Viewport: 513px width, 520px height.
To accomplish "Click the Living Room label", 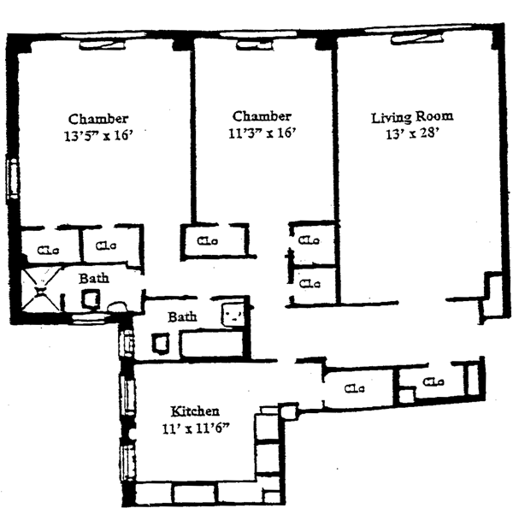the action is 412,116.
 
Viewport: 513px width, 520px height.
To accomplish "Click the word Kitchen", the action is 196,411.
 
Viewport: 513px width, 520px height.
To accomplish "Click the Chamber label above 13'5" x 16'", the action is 99,118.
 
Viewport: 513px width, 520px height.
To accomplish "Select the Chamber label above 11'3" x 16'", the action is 262,116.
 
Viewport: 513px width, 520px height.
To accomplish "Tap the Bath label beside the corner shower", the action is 94,279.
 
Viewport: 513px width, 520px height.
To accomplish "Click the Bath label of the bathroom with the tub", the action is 181,316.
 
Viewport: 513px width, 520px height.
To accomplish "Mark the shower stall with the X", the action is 40,289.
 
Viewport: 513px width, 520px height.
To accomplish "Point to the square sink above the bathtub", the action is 233,314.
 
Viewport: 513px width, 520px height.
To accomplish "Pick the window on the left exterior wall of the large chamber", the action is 13,180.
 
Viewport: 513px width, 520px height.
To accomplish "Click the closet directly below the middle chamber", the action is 208,240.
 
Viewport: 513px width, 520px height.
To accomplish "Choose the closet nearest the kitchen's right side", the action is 354,389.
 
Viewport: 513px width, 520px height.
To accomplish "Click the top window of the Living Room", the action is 424,38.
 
